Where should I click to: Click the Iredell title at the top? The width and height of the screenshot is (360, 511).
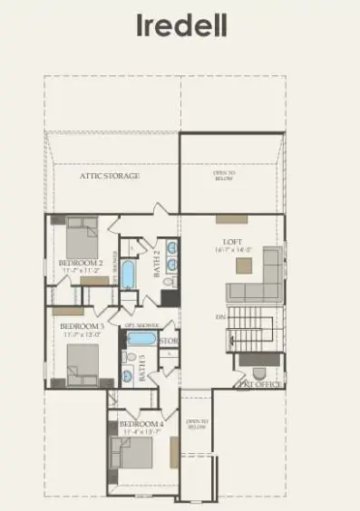pos(180,25)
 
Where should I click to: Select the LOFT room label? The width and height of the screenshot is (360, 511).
pos(231,242)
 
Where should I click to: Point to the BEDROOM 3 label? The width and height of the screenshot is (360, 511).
pos(80,325)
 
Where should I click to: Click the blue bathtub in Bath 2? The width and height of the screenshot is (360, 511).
pos(129,274)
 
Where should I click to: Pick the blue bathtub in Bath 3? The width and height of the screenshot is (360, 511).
pos(141,339)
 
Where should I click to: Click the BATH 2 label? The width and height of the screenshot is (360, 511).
pos(156,265)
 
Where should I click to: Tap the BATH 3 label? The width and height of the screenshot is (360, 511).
pos(144,365)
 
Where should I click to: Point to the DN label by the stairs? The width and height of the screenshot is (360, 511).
pos(220,317)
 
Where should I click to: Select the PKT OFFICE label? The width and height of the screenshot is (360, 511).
pos(258,385)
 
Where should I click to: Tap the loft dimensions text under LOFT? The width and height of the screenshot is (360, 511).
pos(231,251)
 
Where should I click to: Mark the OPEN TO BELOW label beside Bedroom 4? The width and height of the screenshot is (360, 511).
pos(197,423)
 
